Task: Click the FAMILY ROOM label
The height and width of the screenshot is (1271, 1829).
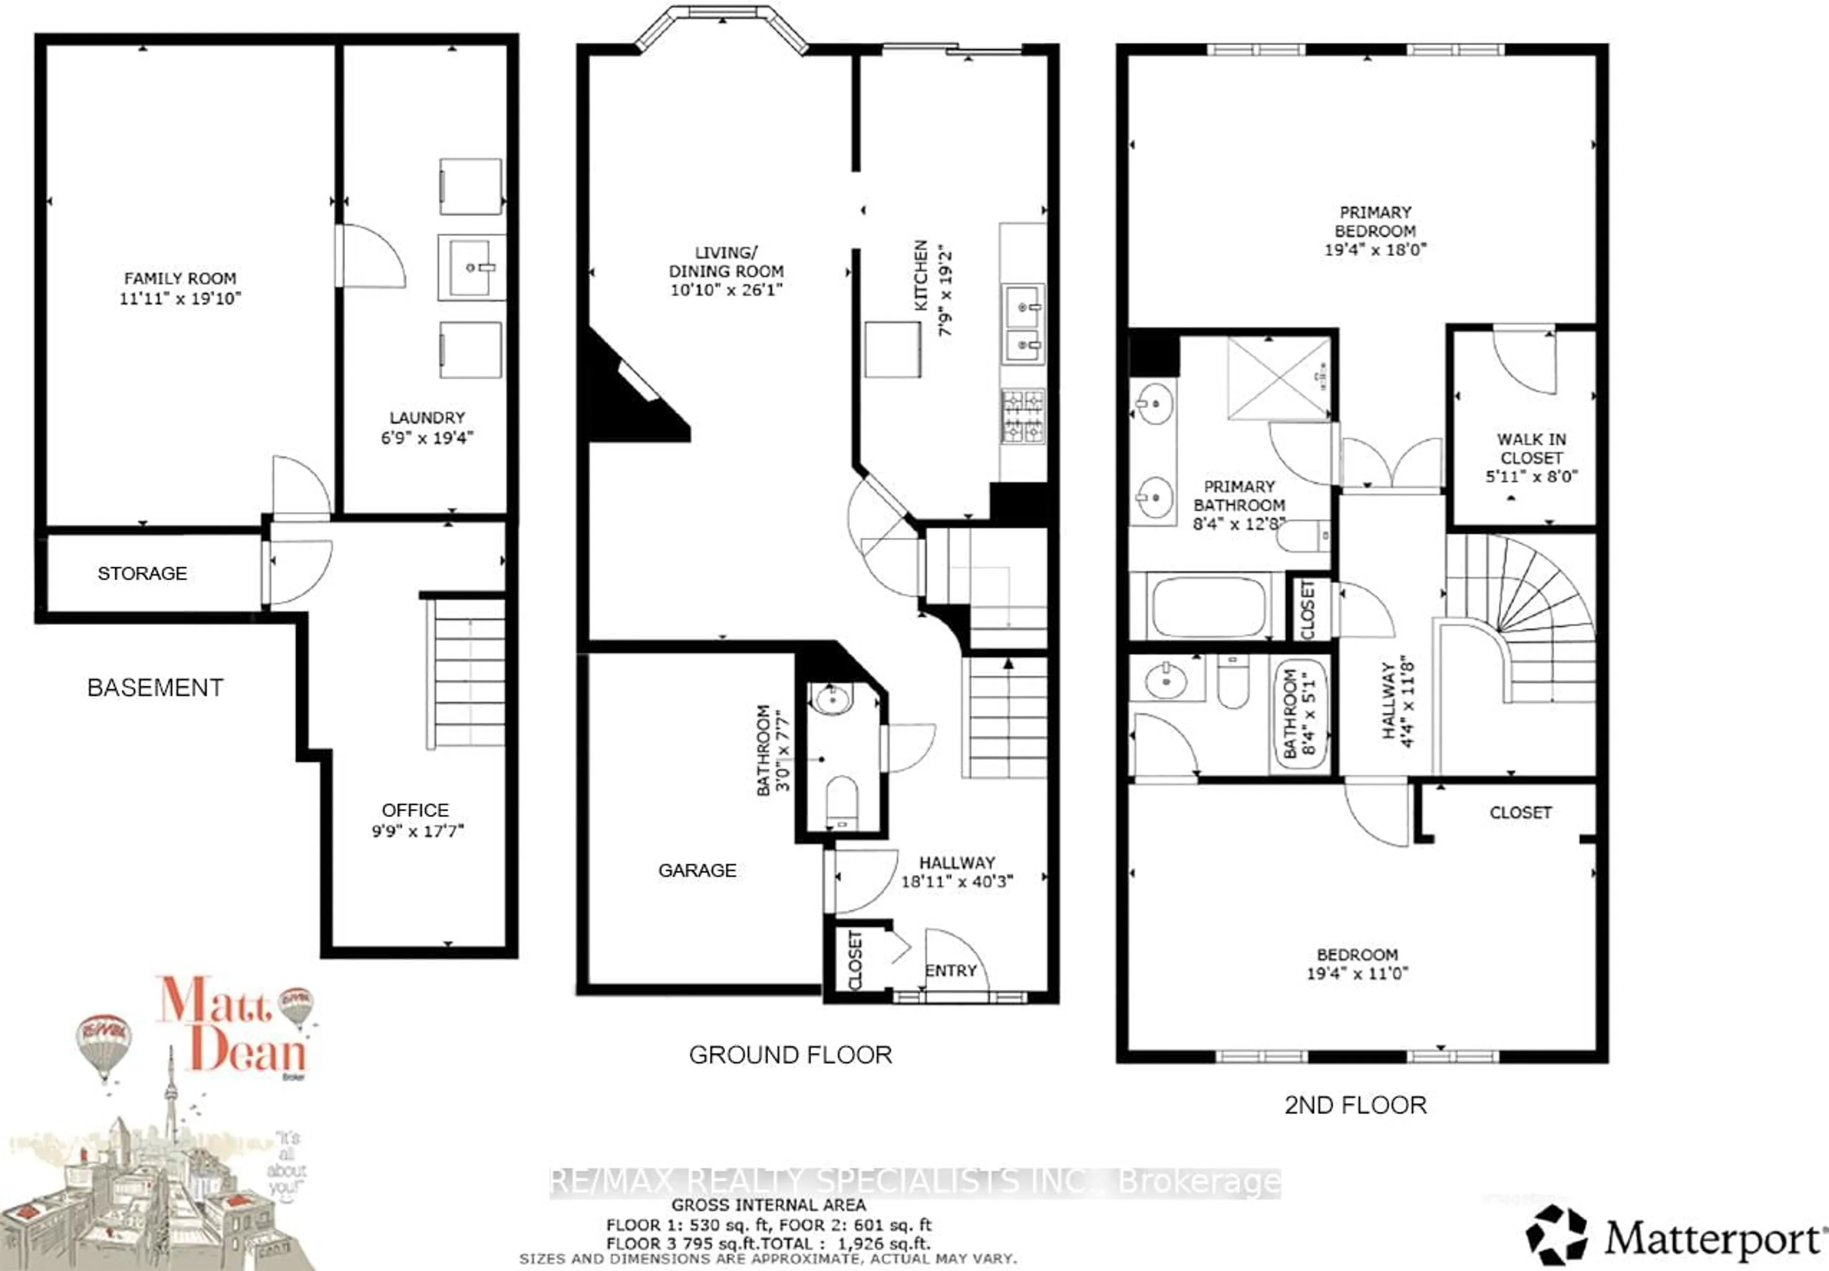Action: pos(180,279)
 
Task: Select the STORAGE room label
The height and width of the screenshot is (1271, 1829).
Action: pos(142,574)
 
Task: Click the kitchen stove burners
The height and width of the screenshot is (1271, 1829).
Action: pos(1023,416)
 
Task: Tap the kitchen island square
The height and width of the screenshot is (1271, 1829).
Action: pos(893,349)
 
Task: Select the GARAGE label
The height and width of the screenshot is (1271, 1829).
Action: pos(697,870)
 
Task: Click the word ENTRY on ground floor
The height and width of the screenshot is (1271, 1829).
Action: pos(951,971)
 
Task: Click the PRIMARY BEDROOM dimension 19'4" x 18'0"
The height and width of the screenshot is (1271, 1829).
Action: pos(1375,249)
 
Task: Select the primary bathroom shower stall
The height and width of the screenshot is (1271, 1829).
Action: pos(1279,378)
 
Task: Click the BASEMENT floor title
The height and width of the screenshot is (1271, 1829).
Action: pos(155,687)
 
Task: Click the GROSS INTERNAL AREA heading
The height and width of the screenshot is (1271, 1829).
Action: pos(768,1205)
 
